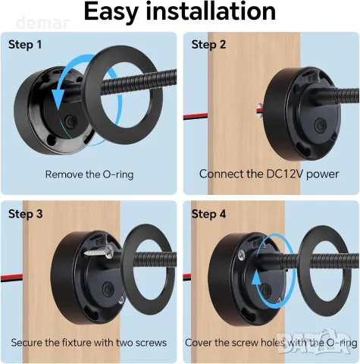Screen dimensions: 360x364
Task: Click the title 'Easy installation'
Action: pos(180,11)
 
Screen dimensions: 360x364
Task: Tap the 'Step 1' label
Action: pos(25,45)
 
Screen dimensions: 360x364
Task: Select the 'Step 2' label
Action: pos(208,45)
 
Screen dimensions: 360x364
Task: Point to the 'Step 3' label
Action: pos(26,214)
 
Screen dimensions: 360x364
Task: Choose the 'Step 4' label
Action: pos(208,214)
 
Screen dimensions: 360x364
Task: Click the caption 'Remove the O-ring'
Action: pos(89,174)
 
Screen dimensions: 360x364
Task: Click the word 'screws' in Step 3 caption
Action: pos(151,343)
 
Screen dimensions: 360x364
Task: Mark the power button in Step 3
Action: pos(108,289)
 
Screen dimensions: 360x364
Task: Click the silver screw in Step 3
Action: pos(99,251)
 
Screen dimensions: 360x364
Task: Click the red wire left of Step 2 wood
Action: pos(196,116)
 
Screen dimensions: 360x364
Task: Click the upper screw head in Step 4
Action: pos(242,255)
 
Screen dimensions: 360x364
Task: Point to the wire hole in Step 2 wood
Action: pos(258,111)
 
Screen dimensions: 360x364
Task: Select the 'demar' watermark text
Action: pos(43,23)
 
